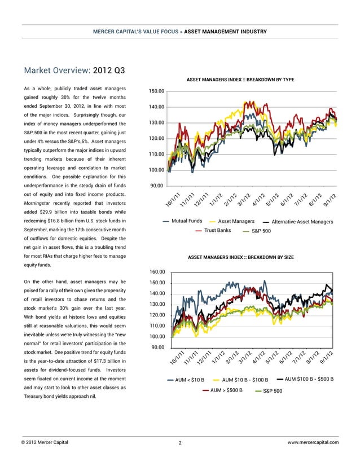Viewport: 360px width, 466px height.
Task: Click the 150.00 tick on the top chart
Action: coord(156,91)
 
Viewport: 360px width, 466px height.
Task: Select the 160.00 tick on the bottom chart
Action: coord(156,272)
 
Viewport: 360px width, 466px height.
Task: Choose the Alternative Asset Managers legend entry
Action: coord(302,222)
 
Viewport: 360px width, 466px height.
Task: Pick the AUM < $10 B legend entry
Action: coord(190,379)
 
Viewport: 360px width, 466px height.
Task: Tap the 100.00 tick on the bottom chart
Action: coord(156,337)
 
